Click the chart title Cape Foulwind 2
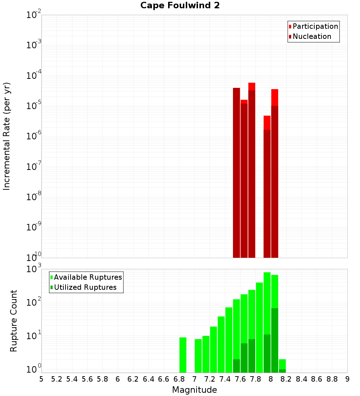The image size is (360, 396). [180, 5]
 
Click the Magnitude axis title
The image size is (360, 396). [194, 390]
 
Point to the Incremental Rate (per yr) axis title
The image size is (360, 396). [7, 136]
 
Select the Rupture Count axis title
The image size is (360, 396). [14, 321]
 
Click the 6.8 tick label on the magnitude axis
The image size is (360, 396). [179, 379]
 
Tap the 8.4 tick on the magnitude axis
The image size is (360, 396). [301, 379]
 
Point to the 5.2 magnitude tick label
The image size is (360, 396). [57, 379]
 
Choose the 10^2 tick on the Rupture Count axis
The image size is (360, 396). [34, 302]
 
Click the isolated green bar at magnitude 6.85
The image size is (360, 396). [183, 355]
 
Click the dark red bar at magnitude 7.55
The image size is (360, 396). [237, 173]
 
